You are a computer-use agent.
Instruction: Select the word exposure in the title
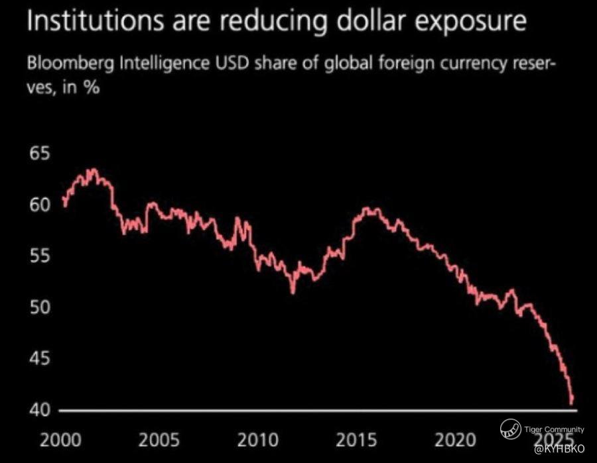pos(471,23)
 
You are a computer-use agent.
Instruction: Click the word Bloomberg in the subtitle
pos(70,64)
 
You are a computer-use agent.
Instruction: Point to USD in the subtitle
pos(232,63)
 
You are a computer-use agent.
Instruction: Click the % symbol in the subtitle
pos(92,87)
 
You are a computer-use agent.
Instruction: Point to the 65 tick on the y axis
pos(40,154)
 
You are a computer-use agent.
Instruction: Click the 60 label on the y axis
pos(40,205)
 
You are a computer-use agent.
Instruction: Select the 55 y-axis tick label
pos(40,256)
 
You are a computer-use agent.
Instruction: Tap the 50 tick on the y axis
pos(40,307)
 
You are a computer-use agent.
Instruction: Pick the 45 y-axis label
pos(40,358)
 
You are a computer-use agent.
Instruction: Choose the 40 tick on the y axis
pos(40,410)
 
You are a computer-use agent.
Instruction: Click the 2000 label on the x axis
pos(60,440)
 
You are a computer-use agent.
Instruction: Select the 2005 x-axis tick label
pos(159,440)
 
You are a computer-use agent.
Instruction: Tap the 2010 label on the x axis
pos(258,440)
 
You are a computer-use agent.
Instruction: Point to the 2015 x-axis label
pos(356,440)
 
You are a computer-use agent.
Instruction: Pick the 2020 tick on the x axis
pos(455,440)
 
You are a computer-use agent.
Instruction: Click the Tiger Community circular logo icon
pos(511,429)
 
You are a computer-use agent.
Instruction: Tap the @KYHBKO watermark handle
pos(559,449)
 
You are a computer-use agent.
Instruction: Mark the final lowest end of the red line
pos(571,403)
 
